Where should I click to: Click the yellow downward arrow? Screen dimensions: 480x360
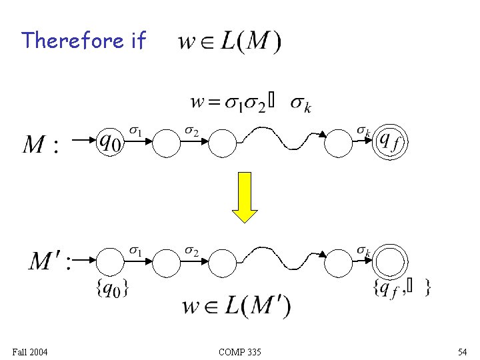245,197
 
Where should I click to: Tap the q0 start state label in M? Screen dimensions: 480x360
111,141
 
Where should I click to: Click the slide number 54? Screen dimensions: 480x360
462,351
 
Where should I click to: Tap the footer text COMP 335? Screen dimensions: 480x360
239,351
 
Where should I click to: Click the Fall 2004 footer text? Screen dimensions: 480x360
30,351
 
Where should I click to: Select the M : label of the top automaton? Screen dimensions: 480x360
41,144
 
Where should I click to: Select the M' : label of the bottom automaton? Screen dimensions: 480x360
49,261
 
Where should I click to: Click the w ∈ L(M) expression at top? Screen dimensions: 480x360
230,43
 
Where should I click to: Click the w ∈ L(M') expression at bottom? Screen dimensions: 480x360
237,307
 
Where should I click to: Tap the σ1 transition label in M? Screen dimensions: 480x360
135,131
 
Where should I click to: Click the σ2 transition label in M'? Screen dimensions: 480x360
191,251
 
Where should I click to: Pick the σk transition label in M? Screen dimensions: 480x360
363,131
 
